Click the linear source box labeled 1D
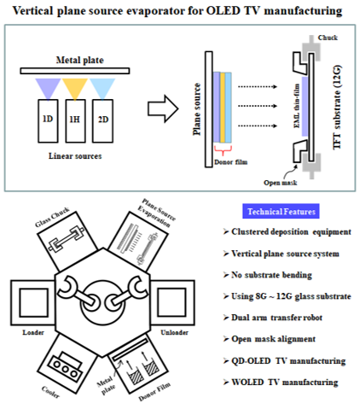tap(48, 121)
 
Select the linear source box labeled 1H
tap(75, 121)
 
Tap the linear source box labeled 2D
tap(102, 121)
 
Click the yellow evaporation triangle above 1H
tap(75, 88)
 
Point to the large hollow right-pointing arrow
tap(163, 109)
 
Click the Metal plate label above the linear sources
tap(80, 60)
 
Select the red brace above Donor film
tap(223, 150)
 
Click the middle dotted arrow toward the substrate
tap(258, 106)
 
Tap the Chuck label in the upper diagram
tap(328, 38)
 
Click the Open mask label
tap(280, 183)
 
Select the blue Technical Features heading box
tap(281, 211)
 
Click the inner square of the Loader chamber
tap(34, 302)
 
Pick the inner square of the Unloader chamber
tap(171, 302)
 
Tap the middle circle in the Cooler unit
tap(66, 369)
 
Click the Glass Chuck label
tap(52, 217)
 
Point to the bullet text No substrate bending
tap(271, 275)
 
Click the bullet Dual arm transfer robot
tap(276, 318)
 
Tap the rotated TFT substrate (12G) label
tap(337, 108)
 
